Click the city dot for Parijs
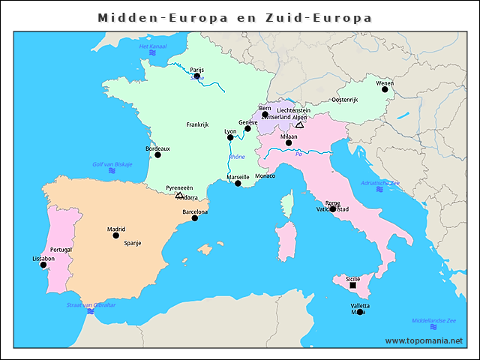[x=196, y=76]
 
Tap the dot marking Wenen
[x=385, y=89]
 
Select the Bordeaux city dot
[x=157, y=155]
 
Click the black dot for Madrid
[x=115, y=235]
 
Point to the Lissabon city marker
[x=43, y=265]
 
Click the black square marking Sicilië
[x=353, y=285]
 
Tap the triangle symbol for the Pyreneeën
[x=179, y=195]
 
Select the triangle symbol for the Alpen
[x=299, y=125]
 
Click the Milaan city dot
[x=289, y=142]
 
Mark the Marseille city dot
[x=238, y=183]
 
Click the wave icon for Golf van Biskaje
[x=112, y=172]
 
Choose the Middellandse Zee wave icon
[x=433, y=327]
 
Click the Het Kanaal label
[x=153, y=46]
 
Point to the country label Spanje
[x=132, y=243]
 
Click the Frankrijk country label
[x=197, y=124]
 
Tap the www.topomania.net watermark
[x=424, y=340]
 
